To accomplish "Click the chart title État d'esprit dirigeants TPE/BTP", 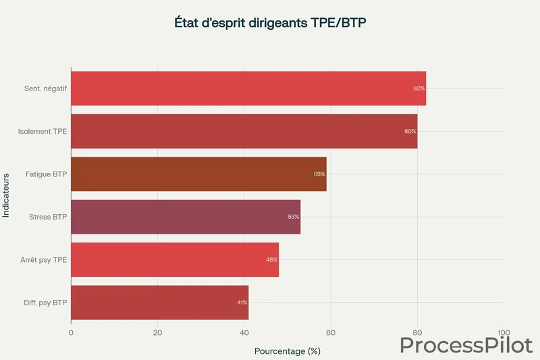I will pyautogui.click(x=270, y=22).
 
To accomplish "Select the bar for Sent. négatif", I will pyautogui.click(x=248, y=88).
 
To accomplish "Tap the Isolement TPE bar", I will pyautogui.click(x=244, y=131).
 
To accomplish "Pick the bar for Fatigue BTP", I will pyautogui.click(x=198, y=174).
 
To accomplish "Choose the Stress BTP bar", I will pyautogui.click(x=186, y=217).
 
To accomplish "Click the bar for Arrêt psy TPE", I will pyautogui.click(x=175, y=259).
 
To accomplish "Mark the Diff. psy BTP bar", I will pyautogui.click(x=159, y=302).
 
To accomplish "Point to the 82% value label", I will pyautogui.click(x=419, y=88).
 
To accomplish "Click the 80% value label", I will pyautogui.click(x=410, y=131).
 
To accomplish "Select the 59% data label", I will pyautogui.click(x=319, y=174).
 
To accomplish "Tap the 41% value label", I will pyautogui.click(x=242, y=303).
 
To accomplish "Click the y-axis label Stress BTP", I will pyautogui.click(x=48, y=217).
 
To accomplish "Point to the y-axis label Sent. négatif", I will pyautogui.click(x=45, y=88).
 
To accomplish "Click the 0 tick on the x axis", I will pyautogui.click(x=71, y=332).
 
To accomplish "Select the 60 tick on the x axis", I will pyautogui.click(x=331, y=332).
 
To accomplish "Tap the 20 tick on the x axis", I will pyautogui.click(x=157, y=332).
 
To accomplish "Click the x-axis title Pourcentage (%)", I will pyautogui.click(x=287, y=351).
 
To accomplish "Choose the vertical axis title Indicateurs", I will pyautogui.click(x=6, y=195).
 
